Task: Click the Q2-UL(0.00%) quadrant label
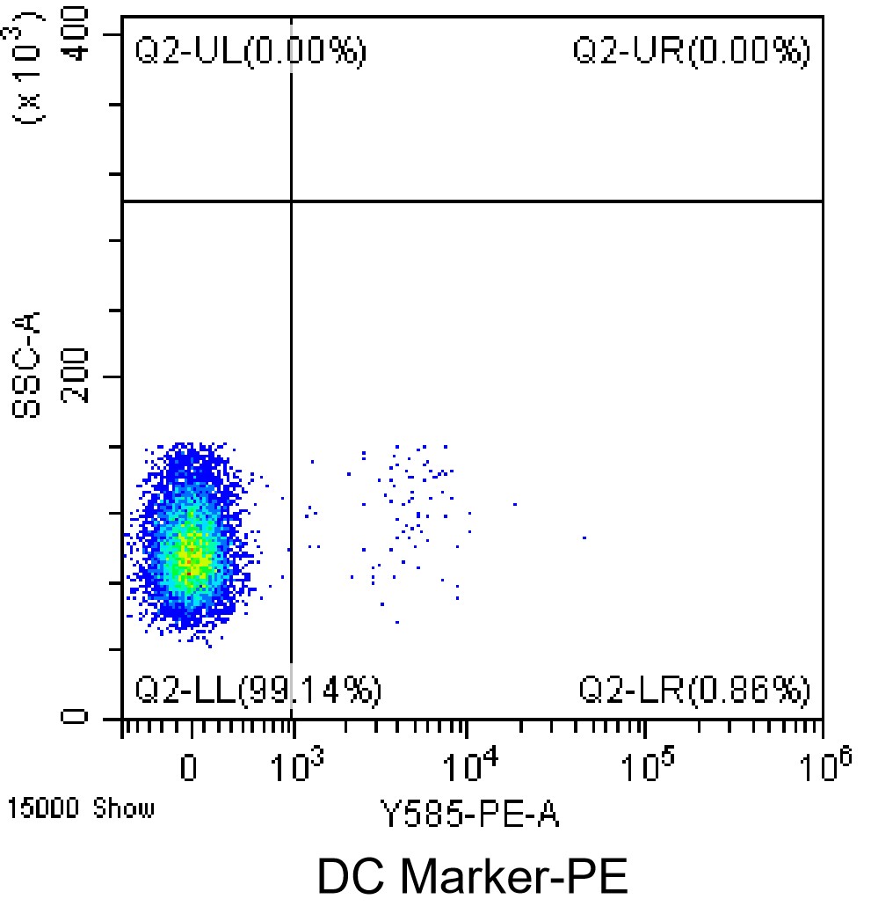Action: [250, 51]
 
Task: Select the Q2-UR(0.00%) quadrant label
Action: [691, 51]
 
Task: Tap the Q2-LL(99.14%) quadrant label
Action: [258, 691]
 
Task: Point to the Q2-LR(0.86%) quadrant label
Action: [693, 691]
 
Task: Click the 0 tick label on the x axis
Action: [188, 768]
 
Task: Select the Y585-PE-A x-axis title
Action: [469, 815]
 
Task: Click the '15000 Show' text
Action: [80, 808]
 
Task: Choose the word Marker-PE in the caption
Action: [512, 879]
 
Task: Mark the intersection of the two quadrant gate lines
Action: [291, 201]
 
